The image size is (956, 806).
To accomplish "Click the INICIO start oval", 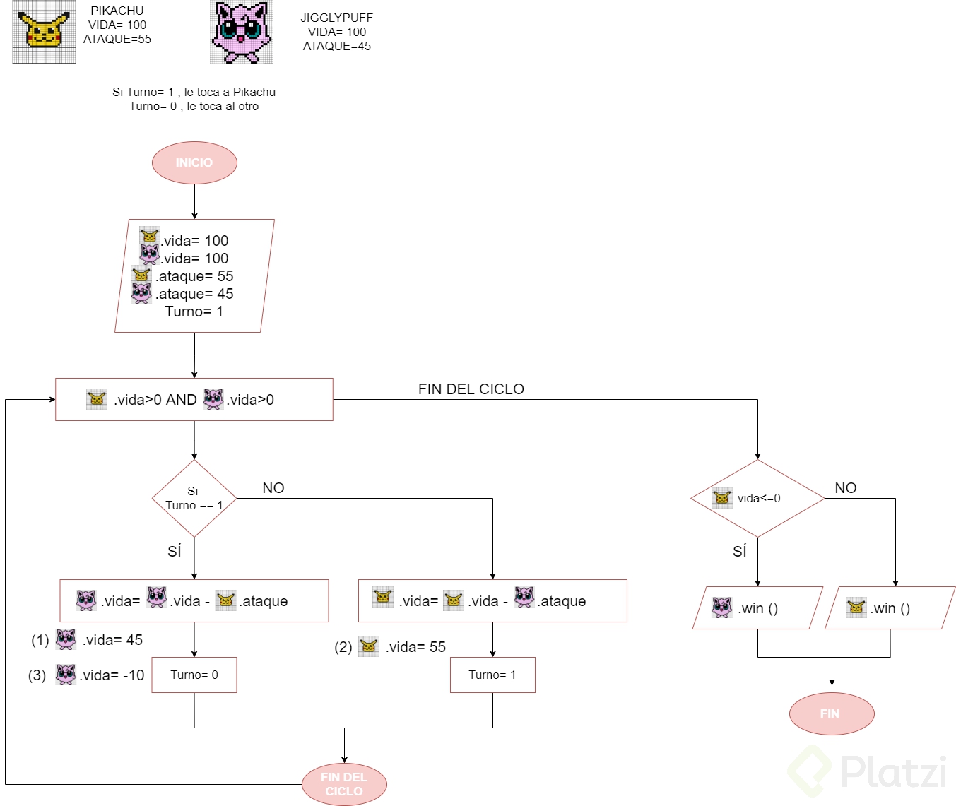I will (x=194, y=162).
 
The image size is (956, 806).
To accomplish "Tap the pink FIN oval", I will (x=831, y=713).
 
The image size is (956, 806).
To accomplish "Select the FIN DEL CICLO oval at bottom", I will (x=344, y=784).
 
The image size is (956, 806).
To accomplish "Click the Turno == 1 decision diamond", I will (x=194, y=499).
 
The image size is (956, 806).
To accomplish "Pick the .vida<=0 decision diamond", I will (x=757, y=498).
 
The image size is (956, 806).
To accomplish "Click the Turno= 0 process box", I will (x=194, y=675).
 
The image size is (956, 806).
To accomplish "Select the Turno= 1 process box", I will (x=492, y=675).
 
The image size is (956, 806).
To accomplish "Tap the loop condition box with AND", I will (x=194, y=400).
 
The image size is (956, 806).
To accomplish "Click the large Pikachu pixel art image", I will (x=44, y=32).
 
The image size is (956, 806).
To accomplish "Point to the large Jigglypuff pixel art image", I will (x=242, y=32).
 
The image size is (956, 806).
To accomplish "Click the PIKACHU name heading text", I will (x=117, y=11).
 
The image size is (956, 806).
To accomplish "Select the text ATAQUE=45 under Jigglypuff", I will (x=337, y=46).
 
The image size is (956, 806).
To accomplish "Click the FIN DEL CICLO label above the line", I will (x=471, y=389).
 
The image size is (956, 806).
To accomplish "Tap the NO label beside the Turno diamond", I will (x=273, y=487).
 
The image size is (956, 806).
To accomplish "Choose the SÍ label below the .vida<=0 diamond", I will (x=740, y=551).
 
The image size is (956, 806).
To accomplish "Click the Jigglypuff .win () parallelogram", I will (x=757, y=608).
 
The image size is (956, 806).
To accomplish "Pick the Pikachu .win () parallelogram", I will (x=890, y=608).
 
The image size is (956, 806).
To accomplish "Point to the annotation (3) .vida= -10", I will (x=87, y=675).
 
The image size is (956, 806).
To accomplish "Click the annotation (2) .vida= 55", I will (x=391, y=647).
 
